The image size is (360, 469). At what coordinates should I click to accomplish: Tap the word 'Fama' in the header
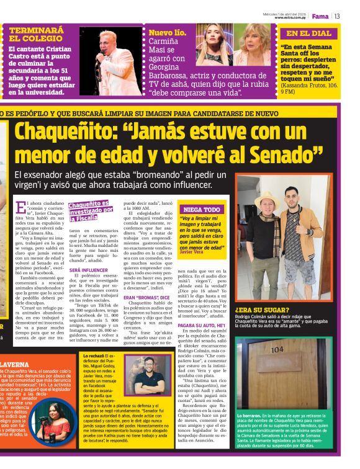pos(320,16)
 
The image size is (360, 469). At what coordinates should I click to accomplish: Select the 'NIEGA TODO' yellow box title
pos(200,210)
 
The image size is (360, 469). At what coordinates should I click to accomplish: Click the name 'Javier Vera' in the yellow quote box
pos(190,252)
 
